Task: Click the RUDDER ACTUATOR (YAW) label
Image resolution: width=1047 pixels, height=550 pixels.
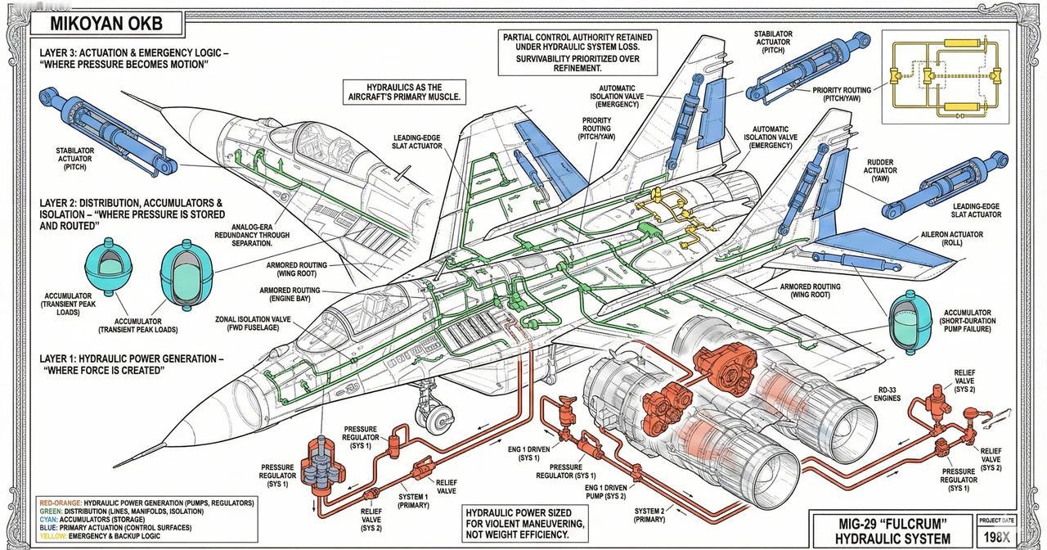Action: [879, 169]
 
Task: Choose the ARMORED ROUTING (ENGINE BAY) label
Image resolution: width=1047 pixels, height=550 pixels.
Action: [290, 295]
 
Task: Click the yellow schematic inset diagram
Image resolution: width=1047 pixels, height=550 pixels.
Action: [946, 72]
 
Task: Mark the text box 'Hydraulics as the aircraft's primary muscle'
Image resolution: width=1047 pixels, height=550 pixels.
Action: [403, 92]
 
